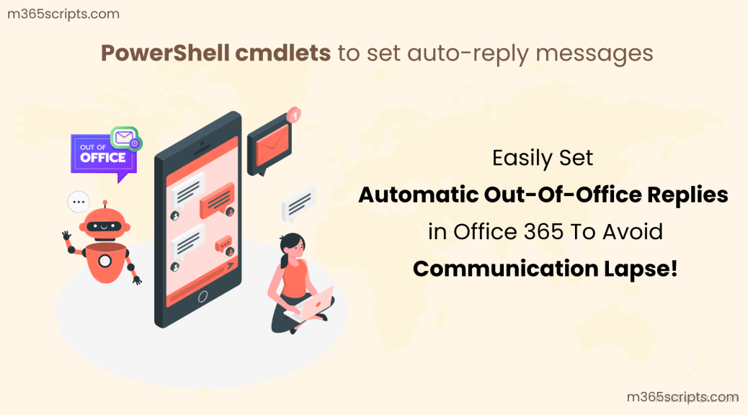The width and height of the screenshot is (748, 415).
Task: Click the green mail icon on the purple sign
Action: click(125, 136)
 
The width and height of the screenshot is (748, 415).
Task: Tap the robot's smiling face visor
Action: click(104, 226)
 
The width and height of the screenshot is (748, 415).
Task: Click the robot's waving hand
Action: click(67, 236)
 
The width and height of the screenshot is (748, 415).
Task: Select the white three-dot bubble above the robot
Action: click(78, 202)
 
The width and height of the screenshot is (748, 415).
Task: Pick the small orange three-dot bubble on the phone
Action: click(224, 245)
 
